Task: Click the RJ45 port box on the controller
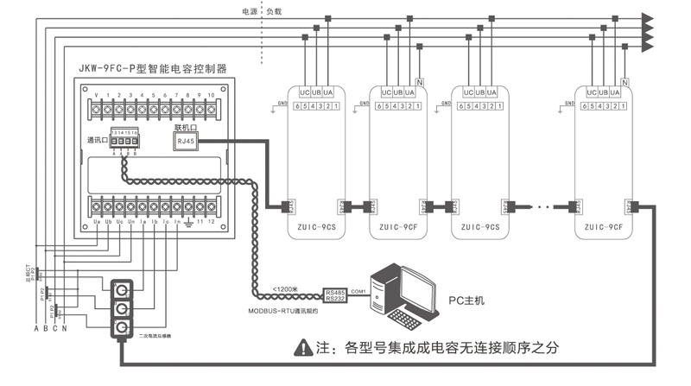[x=187, y=141]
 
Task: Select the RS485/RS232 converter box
[x=335, y=296]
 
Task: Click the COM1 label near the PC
[x=358, y=291]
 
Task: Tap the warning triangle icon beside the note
[x=302, y=349]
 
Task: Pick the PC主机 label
[x=466, y=301]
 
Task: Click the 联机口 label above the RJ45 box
[x=187, y=127]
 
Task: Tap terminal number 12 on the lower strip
[x=210, y=222]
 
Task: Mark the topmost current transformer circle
[x=124, y=289]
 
